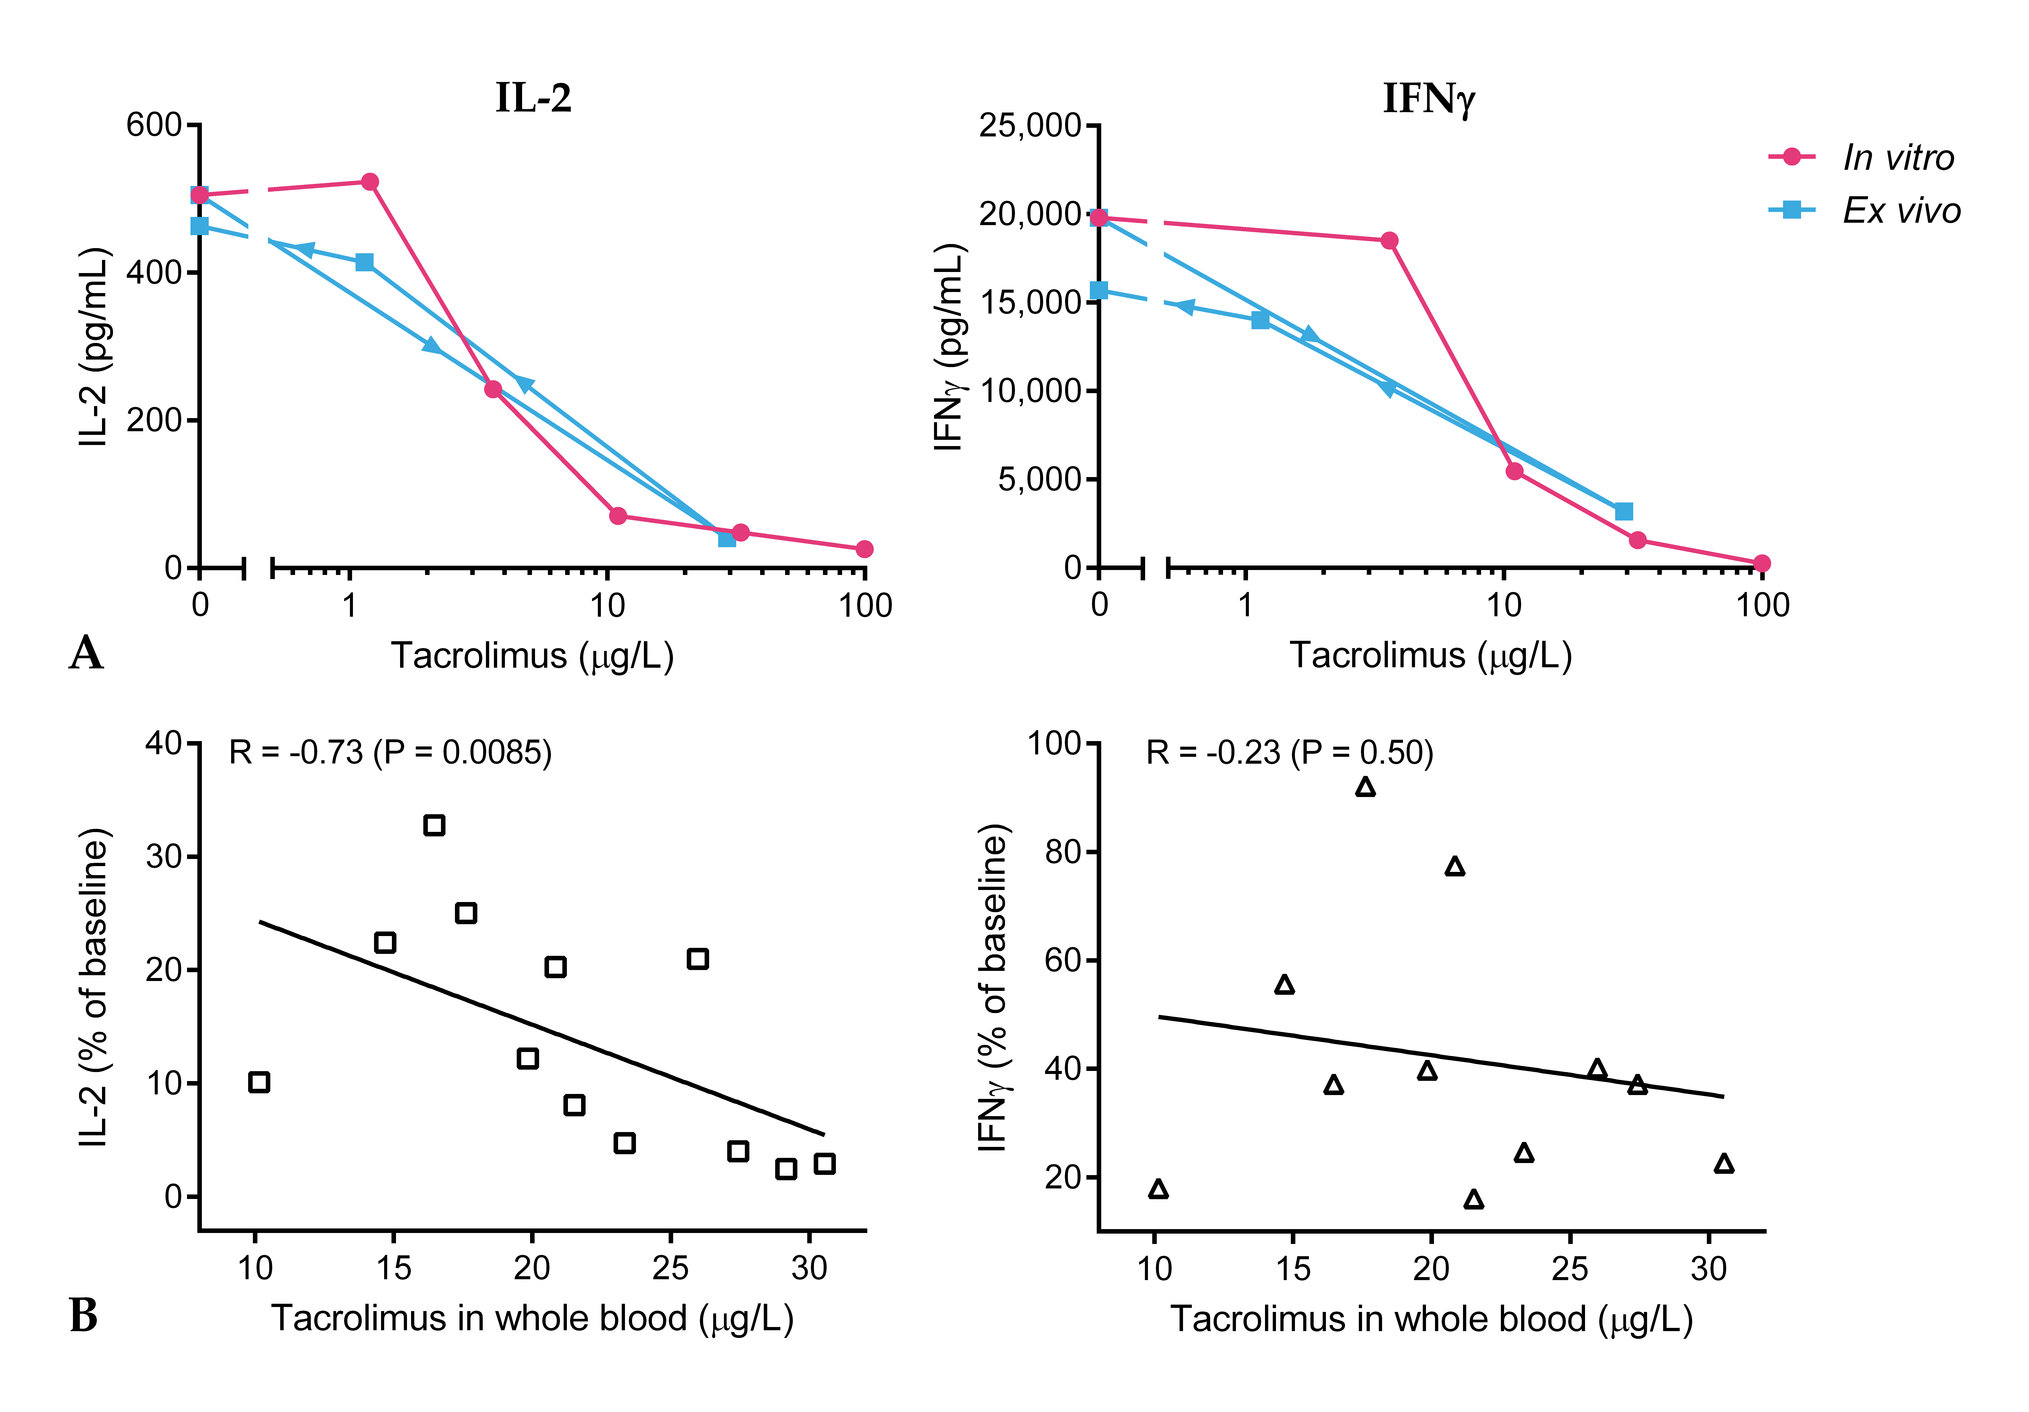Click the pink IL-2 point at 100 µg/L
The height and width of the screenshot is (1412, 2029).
click(864, 550)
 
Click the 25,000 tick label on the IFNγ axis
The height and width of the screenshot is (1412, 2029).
click(1030, 125)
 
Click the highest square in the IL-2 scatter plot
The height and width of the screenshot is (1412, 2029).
click(434, 825)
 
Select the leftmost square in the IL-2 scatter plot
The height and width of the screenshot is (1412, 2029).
click(259, 1082)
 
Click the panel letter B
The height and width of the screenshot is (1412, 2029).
click(84, 1316)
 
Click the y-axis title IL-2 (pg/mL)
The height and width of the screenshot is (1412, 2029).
click(94, 346)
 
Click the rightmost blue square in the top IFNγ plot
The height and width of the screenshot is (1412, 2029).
click(1623, 512)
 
